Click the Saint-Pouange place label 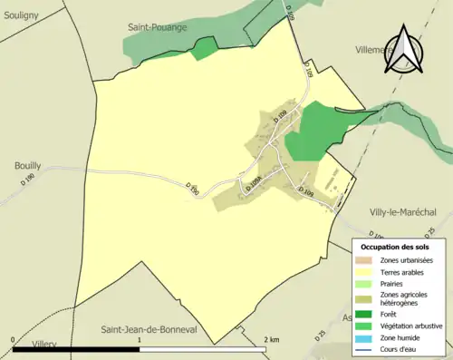pyautogui.click(x=157, y=27)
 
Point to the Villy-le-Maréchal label pyautogui.click(x=403, y=211)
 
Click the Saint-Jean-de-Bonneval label pyautogui.click(x=157, y=329)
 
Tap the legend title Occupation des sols pyautogui.click(x=395, y=247)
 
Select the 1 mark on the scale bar pyautogui.click(x=139, y=339)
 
